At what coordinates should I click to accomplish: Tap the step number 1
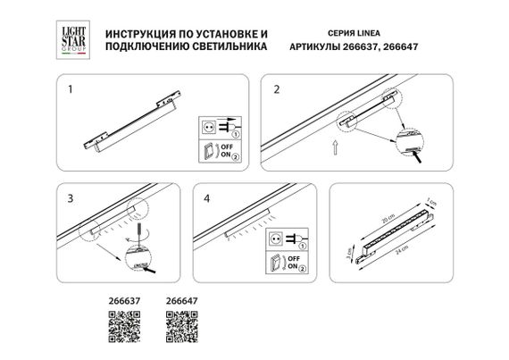coord(71,89)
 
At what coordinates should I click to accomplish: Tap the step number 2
coord(276,89)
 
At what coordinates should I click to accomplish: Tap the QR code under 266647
coord(179,332)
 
